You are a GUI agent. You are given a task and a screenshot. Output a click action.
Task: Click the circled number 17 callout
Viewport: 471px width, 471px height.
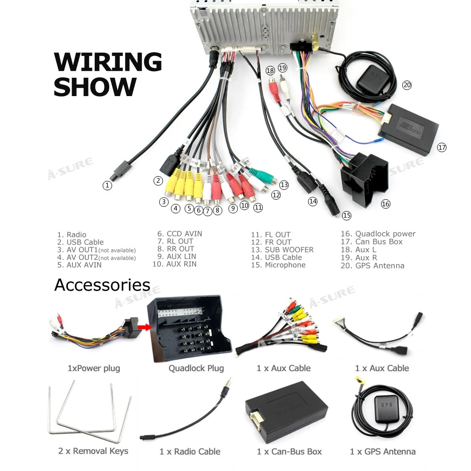coord(441,147)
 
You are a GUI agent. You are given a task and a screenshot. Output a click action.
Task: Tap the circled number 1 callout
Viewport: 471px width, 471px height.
coord(107,186)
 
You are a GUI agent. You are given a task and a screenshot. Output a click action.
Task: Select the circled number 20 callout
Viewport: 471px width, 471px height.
coord(406,85)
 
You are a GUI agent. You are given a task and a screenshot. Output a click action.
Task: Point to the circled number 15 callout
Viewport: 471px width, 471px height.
coord(347,216)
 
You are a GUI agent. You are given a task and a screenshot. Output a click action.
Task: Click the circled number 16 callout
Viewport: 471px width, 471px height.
coord(386,204)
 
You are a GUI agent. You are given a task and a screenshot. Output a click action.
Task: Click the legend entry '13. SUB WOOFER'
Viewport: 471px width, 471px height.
coord(282,250)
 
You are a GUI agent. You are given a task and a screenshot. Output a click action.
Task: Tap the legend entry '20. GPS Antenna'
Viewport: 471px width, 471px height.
coord(373,266)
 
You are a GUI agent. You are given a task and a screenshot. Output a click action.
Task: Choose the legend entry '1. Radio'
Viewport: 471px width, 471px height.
coord(72,235)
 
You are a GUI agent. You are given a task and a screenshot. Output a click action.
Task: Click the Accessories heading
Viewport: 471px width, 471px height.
coord(102,285)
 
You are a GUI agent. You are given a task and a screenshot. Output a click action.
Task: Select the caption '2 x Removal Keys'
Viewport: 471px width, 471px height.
coord(93,451)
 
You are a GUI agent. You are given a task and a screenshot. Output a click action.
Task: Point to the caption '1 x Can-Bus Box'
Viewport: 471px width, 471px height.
coord(289,452)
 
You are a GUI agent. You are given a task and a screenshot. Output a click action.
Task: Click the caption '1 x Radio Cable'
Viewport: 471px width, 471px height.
coord(190,452)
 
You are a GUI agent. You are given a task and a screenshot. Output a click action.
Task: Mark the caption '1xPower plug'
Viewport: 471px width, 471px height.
coord(94,368)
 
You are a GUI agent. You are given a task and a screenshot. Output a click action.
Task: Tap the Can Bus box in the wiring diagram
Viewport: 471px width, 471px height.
coord(409,128)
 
